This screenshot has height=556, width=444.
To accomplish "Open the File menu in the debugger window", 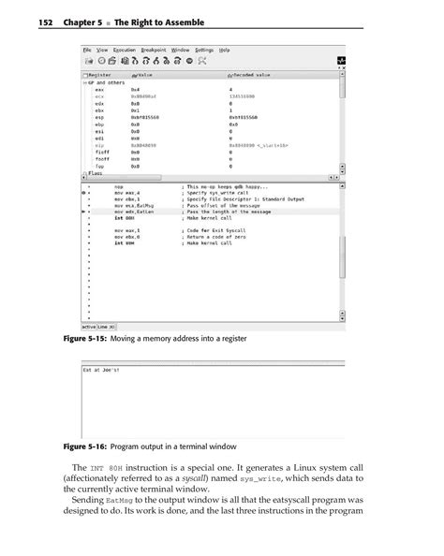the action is pyautogui.click(x=87, y=49).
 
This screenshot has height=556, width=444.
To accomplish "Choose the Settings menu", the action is pyautogui.click(x=205, y=49).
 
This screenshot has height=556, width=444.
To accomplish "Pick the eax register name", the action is pyautogui.click(x=99, y=88).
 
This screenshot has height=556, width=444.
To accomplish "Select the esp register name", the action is pyautogui.click(x=99, y=117).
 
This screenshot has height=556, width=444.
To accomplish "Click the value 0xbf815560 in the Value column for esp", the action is pyautogui.click(x=147, y=117).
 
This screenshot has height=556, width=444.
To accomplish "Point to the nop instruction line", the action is pyautogui.click(x=117, y=187).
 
